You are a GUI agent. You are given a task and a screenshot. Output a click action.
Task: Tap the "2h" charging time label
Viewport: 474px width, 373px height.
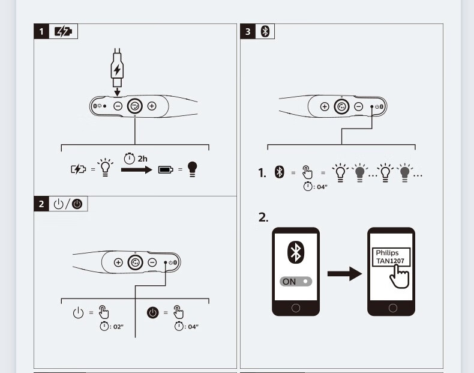[x=142, y=159]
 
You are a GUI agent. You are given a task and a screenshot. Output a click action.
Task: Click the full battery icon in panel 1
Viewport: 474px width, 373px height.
[x=165, y=170]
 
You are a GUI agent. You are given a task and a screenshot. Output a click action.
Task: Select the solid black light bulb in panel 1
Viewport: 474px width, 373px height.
[x=191, y=169]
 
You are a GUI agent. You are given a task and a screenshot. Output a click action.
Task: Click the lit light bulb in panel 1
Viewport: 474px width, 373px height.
[x=106, y=169]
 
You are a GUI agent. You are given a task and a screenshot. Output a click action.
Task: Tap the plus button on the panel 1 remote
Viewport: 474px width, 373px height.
[x=152, y=106]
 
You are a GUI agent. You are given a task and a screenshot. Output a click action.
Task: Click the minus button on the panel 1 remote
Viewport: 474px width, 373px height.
[x=118, y=106]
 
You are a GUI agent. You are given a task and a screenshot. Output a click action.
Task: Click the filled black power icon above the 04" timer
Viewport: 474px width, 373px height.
[x=152, y=312]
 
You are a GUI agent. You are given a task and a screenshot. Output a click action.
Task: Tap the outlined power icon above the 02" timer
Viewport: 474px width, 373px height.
[x=78, y=312]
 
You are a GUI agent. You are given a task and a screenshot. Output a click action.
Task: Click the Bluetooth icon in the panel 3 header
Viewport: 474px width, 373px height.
[x=265, y=32]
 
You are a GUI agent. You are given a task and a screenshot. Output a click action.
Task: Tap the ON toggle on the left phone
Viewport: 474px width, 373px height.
[x=296, y=281]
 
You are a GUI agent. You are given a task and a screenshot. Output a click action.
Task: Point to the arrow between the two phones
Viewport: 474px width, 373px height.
[x=345, y=274]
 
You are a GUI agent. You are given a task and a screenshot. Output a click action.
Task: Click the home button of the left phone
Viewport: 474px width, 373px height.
[x=296, y=308]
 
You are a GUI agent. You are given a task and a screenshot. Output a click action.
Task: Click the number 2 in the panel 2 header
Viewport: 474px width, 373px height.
[x=41, y=204]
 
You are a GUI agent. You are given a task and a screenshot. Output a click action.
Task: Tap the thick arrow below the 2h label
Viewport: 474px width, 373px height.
[x=136, y=170]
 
